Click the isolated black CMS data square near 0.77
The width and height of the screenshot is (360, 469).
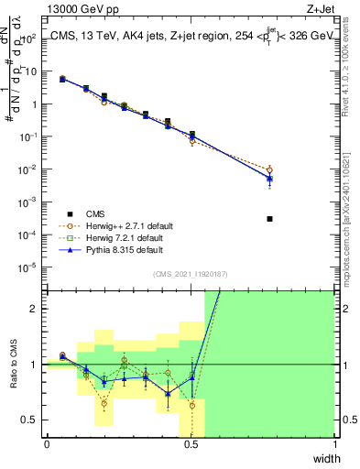pos(269,219)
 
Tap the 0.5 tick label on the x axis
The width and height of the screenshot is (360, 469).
pos(191,445)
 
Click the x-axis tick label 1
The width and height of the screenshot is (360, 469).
pos(335,445)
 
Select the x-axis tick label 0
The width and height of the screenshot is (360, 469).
pos(47,445)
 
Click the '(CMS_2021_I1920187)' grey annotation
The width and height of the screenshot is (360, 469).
pos(191,275)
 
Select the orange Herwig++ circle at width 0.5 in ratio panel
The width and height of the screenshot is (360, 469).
pos(192,405)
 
